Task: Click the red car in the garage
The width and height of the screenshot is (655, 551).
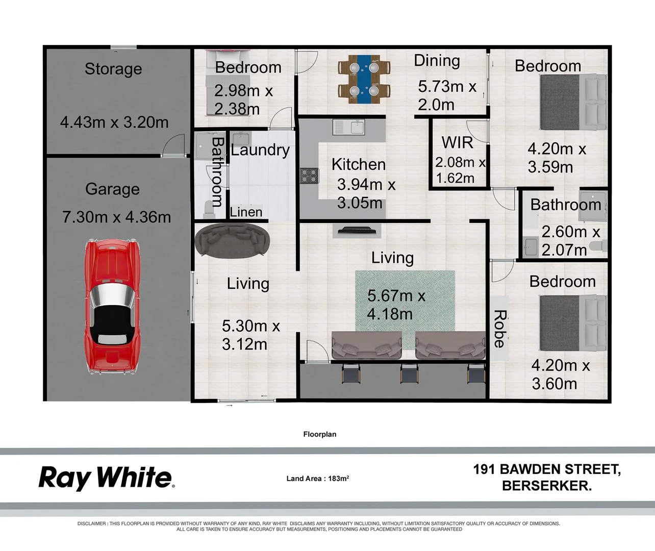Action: coord(112,307)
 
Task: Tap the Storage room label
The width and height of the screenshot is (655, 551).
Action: coord(113,68)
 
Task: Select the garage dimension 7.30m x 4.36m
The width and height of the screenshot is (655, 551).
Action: coord(116,217)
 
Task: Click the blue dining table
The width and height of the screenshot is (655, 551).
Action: coord(364,79)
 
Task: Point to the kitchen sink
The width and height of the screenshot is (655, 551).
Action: coord(349,127)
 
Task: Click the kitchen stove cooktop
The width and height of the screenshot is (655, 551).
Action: coord(309,176)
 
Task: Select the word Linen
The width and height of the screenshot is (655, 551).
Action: coord(246,212)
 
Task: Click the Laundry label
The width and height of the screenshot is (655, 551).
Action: coord(260,149)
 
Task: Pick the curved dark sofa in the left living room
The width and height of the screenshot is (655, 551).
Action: coord(233,239)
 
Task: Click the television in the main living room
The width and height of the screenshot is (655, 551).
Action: coord(357,231)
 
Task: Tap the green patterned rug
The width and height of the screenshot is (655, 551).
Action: coord(405,301)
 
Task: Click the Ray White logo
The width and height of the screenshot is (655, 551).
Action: coord(106,478)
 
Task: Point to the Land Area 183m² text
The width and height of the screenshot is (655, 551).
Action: coord(317,479)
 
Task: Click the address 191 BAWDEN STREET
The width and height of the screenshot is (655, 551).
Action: coord(546,469)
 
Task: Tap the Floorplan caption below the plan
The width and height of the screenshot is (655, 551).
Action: coord(320,434)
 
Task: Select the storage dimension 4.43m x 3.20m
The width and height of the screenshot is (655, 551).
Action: coord(114,122)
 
